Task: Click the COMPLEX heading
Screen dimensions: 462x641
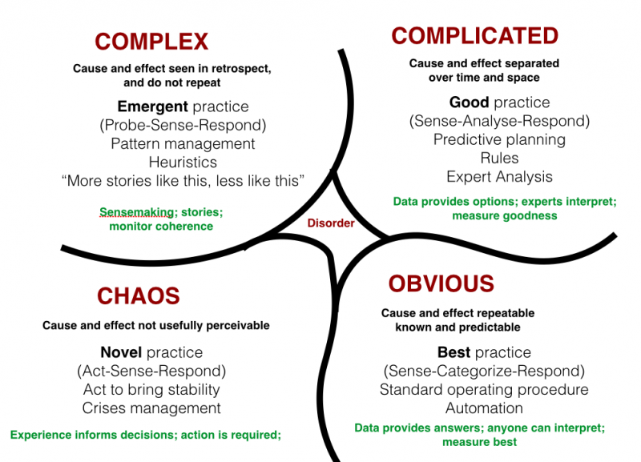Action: coord(151,42)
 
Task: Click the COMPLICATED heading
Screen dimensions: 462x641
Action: coord(475,36)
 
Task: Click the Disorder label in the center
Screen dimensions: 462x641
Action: coord(331,223)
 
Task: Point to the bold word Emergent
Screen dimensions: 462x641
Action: coord(152,106)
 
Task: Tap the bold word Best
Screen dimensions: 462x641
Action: coord(454,352)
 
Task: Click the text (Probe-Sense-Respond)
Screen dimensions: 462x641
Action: coord(183,125)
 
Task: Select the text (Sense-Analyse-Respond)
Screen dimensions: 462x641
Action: coord(499,121)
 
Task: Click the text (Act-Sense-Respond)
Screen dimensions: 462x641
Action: coord(151,371)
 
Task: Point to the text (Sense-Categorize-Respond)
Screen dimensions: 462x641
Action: coord(484,371)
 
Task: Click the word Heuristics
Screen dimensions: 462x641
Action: coord(183,162)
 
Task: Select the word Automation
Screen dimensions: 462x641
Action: coord(484,408)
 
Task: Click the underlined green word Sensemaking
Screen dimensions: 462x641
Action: coord(136,212)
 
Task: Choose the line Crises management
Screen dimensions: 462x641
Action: coord(151,408)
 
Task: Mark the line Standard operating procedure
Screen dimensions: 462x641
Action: coord(484,389)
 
